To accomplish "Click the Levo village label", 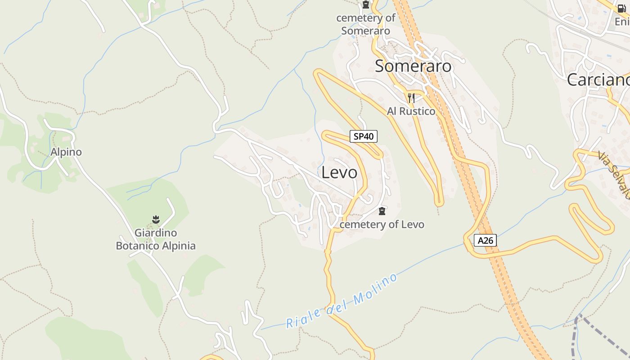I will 339,172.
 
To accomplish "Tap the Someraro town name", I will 413,66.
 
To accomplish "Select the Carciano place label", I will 598,80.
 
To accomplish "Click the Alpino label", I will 66,152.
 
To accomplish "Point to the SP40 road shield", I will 363,136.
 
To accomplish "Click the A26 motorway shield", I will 486,240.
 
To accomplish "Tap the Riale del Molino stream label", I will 342,301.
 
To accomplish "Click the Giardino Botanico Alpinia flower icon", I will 156,220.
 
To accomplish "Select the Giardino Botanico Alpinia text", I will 156,239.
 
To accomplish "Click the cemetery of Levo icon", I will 382,211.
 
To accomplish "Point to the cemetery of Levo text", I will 382,224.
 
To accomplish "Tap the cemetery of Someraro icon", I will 366,5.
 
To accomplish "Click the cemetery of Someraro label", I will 365,24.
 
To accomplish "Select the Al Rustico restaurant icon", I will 411,98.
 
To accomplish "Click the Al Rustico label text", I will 411,111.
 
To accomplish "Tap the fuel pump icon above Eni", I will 621,7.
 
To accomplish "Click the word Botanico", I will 135,246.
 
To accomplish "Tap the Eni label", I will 622,21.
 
